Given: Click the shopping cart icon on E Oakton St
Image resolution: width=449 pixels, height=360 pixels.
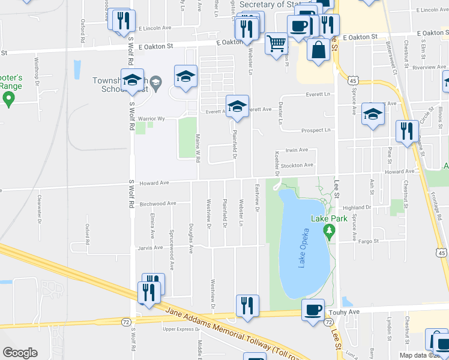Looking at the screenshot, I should pyautogui.click(x=276, y=43).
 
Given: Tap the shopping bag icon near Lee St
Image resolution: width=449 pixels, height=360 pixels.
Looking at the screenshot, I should pyautogui.click(x=318, y=50).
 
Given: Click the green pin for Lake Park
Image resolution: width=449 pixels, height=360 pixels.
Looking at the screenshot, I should pyautogui.click(x=328, y=230).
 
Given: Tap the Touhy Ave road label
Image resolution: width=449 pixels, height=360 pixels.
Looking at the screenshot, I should pyautogui.click(x=342, y=312).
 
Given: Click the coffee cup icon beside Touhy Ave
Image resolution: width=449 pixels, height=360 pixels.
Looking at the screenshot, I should pyautogui.click(x=313, y=310).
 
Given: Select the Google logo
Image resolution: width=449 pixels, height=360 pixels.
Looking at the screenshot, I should pyautogui.click(x=20, y=353).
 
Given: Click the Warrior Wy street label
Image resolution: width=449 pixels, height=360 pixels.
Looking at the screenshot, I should pyautogui.click(x=151, y=118).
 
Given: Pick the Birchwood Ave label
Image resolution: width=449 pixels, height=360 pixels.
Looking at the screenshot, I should pyautogui.click(x=157, y=203).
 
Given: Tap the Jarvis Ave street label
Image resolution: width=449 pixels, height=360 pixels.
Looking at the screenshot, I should pyautogui.click(x=150, y=247).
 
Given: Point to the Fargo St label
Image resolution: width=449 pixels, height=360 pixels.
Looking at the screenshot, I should pyautogui.click(x=369, y=241).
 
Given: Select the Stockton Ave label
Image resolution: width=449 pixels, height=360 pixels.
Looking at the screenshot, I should pyautogui.click(x=298, y=165).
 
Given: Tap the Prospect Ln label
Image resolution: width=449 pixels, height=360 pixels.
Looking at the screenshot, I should pyautogui.click(x=316, y=130).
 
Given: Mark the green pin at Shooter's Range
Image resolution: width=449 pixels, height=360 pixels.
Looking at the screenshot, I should pyautogui.click(x=8, y=99).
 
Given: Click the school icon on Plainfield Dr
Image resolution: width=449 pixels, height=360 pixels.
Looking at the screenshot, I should pyautogui.click(x=237, y=106).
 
